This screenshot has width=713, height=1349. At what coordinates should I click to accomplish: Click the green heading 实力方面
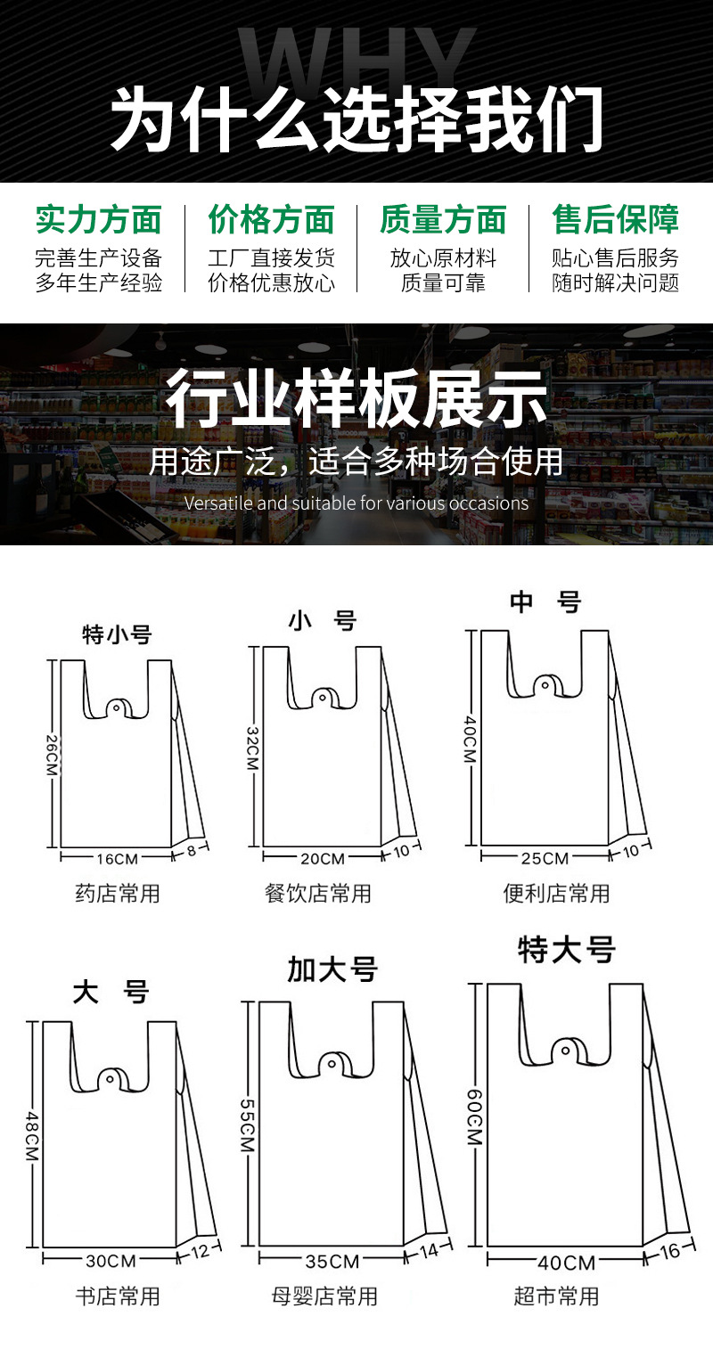pyautogui.click(x=99, y=219)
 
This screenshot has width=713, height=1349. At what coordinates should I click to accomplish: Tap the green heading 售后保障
pyautogui.click(x=616, y=219)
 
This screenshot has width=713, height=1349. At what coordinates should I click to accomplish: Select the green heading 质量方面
pyautogui.click(x=443, y=219)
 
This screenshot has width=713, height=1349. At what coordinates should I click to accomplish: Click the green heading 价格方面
pyautogui.click(x=271, y=219)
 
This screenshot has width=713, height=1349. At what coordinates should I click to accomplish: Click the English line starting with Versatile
pyautogui.click(x=356, y=503)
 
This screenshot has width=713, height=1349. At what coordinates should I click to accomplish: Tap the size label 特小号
pyautogui.click(x=117, y=634)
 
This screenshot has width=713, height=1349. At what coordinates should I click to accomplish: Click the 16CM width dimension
pyautogui.click(x=117, y=859)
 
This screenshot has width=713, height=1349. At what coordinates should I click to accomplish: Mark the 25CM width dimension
pyautogui.click(x=545, y=859)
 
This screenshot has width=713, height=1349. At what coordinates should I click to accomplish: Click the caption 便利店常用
pyautogui.click(x=556, y=893)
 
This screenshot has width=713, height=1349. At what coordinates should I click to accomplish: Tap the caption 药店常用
pyautogui.click(x=117, y=893)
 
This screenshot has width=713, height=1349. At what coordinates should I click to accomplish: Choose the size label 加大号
pyautogui.click(x=332, y=969)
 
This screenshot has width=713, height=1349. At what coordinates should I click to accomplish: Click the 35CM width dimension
pyautogui.click(x=332, y=1261)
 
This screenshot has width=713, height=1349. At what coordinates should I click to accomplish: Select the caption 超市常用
pyautogui.click(x=556, y=1296)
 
